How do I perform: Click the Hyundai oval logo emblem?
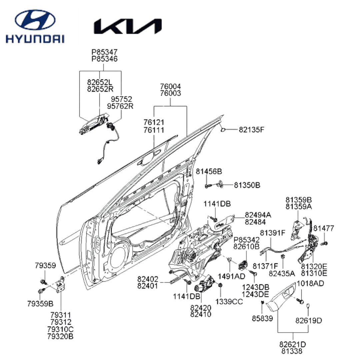(35, 21)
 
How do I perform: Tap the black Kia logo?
(128, 27)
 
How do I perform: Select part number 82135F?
(251, 130)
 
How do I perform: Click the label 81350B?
(247, 185)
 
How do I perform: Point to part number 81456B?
(209, 172)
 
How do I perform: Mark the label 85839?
(262, 318)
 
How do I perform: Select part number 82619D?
(309, 321)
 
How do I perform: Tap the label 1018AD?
(310, 284)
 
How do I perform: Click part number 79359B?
(40, 304)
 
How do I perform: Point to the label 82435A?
(282, 273)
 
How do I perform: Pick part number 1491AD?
(231, 276)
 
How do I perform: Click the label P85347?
(105, 52)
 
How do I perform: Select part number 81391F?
(273, 233)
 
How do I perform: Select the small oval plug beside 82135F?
(224, 129)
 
